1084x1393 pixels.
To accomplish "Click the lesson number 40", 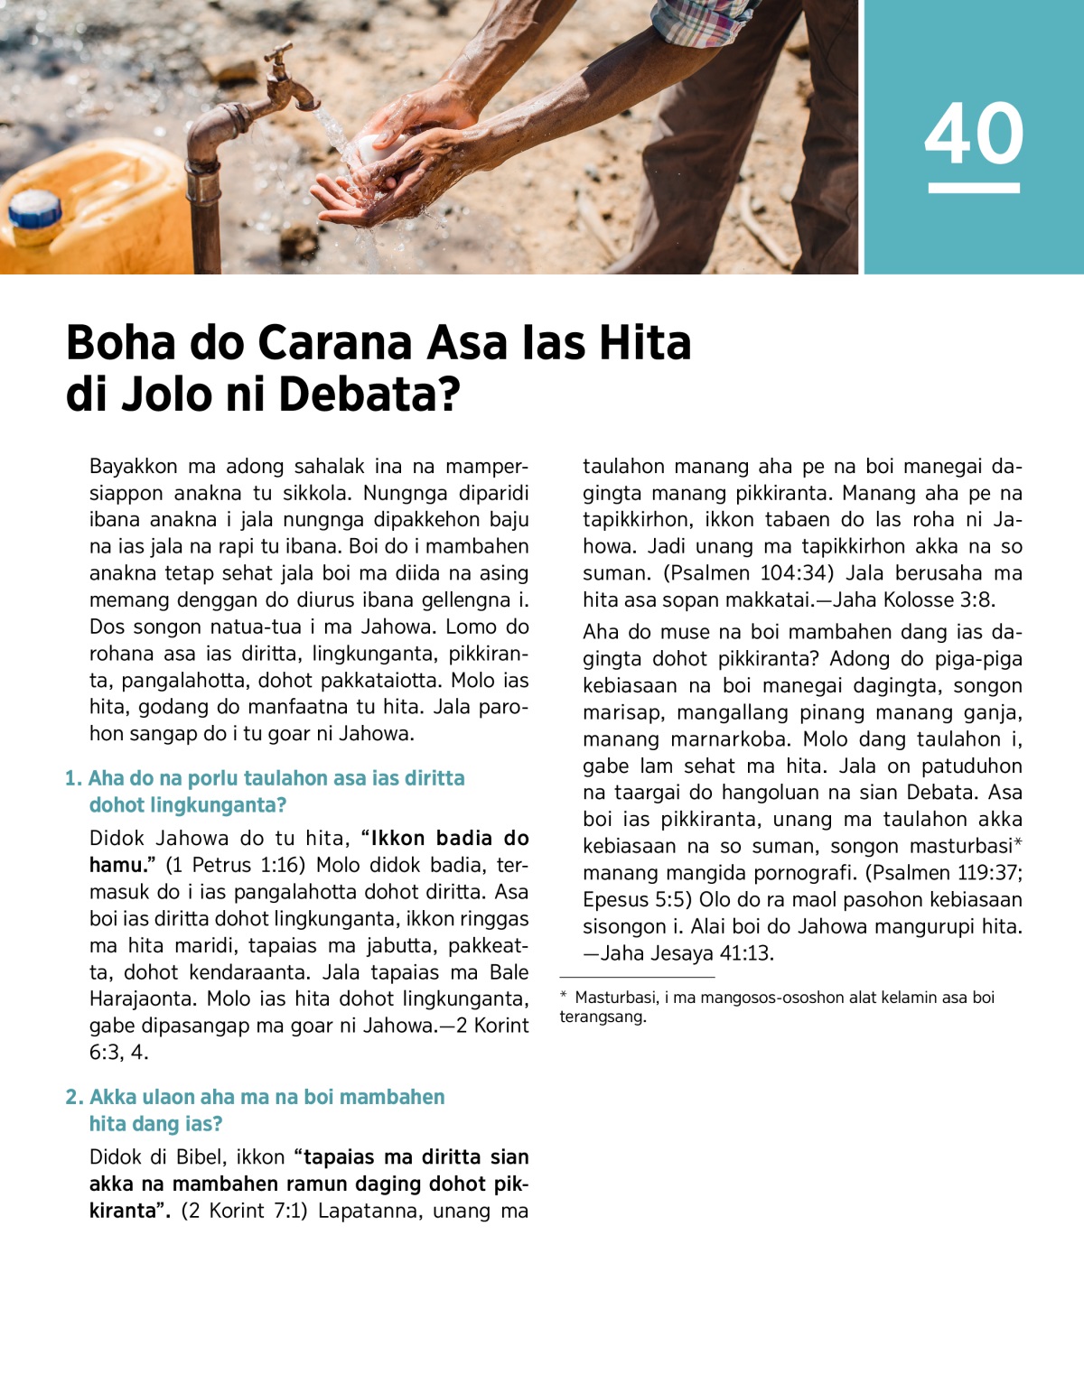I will tap(973, 134).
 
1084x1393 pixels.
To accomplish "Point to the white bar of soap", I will tap(374, 149).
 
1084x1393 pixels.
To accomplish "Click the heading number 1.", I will tap(72, 778).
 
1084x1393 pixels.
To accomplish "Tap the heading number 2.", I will tap(73, 1097).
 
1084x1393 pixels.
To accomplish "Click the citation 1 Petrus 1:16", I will tap(235, 865).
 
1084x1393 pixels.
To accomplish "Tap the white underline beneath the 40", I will tap(973, 188).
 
